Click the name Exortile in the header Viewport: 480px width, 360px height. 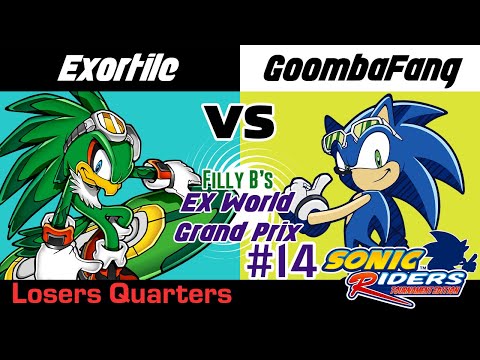click(119, 69)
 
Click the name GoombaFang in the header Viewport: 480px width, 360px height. click(361, 69)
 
